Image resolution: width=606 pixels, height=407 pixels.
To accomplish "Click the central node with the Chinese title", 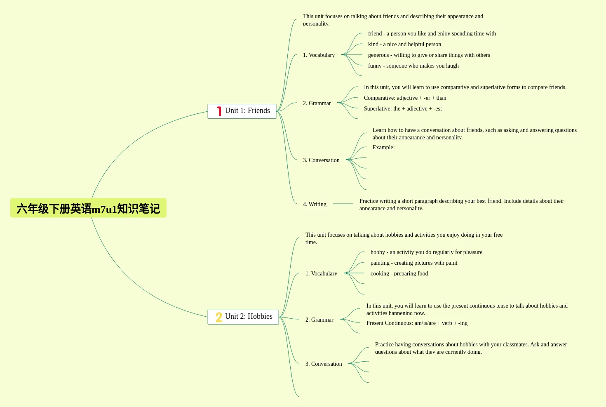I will (x=88, y=208).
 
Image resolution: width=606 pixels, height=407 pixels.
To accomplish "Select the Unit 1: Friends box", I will (x=242, y=111).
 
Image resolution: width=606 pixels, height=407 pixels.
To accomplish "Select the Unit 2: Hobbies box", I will (x=243, y=317).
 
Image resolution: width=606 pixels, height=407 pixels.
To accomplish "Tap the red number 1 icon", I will (x=219, y=111).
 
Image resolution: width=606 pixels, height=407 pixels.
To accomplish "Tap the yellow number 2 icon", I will (x=219, y=317).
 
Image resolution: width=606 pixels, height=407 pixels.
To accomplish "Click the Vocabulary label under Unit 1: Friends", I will (x=319, y=55).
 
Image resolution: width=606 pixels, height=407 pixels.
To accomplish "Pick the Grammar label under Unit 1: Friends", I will (x=317, y=103).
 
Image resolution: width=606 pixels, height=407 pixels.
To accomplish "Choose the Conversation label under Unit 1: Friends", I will (x=321, y=160).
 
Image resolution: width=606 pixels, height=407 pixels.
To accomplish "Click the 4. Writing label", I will (x=315, y=204).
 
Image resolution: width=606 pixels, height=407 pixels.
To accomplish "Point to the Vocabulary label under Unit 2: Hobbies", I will (x=321, y=273).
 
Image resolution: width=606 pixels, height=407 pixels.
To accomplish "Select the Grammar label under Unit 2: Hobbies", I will (x=319, y=320).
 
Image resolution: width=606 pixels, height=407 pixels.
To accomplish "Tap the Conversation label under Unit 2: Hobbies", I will (x=324, y=364).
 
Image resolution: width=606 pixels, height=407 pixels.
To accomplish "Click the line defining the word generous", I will (x=429, y=55).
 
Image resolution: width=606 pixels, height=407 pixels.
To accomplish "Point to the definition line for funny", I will (x=413, y=66).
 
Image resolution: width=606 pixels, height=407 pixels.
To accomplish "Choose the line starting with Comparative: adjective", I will (x=405, y=98).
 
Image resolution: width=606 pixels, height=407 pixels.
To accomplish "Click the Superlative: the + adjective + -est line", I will (x=403, y=108).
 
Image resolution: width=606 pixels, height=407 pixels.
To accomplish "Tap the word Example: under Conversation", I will (x=383, y=147).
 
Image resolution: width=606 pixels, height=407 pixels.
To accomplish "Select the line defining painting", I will (x=413, y=263).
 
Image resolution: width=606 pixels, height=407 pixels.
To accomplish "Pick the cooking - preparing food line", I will (x=399, y=273).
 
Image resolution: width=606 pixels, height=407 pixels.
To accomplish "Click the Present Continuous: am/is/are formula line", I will (x=417, y=323).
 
